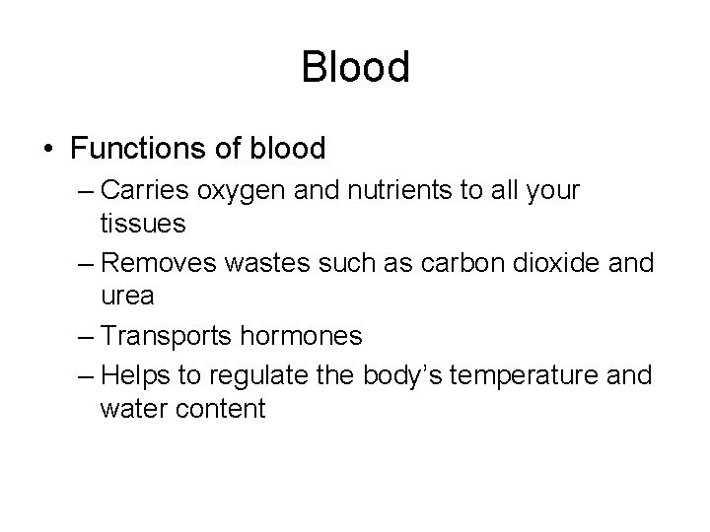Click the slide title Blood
(x=355, y=67)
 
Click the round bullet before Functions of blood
(x=47, y=150)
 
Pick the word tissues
(x=142, y=224)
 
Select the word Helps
(x=135, y=375)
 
